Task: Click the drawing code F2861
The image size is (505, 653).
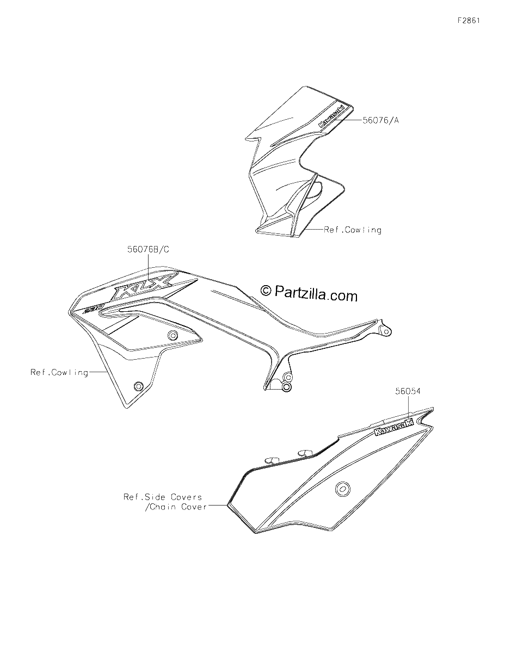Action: pyautogui.click(x=469, y=21)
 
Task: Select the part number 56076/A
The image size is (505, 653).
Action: pyautogui.click(x=380, y=120)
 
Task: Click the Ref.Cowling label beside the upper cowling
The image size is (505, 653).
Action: pyautogui.click(x=353, y=230)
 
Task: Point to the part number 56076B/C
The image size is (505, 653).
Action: pyautogui.click(x=148, y=249)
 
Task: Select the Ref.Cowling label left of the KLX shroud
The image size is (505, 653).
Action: pyautogui.click(x=59, y=373)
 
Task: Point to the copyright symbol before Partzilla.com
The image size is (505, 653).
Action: pyautogui.click(x=265, y=290)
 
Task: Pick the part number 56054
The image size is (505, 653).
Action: pyautogui.click(x=408, y=391)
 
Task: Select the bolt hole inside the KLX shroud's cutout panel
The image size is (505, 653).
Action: pyautogui.click(x=173, y=335)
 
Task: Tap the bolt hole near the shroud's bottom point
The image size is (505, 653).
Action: pyautogui.click(x=138, y=386)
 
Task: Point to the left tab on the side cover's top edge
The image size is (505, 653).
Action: pyautogui.click(x=272, y=459)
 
